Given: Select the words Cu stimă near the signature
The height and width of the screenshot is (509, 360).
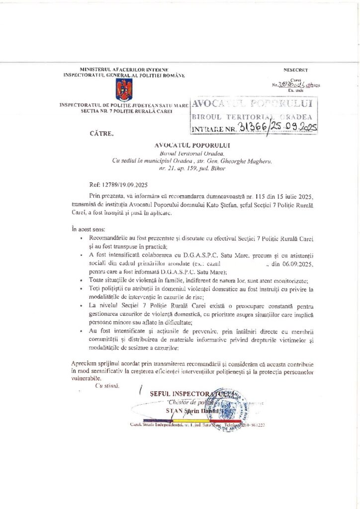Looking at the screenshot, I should [x=107, y=386].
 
